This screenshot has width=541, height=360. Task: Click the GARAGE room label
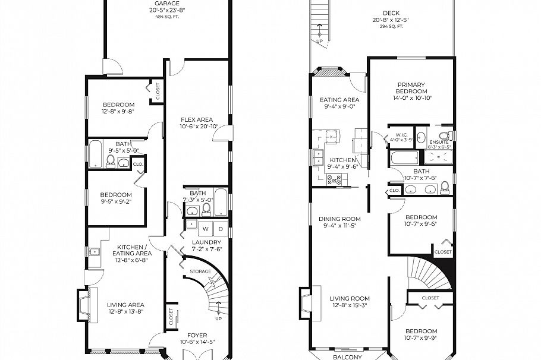pos(167,3)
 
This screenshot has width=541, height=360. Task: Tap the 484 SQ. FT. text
pos(167,17)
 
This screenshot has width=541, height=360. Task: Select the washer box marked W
pos(206,228)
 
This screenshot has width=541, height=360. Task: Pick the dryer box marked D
pos(219,228)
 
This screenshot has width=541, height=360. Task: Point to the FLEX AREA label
pos(196,119)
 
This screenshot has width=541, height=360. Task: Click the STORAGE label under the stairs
pos(200,271)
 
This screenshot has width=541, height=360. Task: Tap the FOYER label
pos(197,335)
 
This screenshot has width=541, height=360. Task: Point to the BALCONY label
pos(347,356)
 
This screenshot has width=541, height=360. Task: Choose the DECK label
pos(391,13)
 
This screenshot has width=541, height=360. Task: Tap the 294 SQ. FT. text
pos(391,27)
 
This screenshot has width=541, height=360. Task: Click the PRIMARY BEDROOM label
pos(411,88)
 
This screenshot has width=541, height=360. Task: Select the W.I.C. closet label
pos(401,135)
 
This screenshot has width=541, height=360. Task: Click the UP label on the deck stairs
pos(320,41)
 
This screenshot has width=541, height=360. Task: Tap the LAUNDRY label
pos(206,242)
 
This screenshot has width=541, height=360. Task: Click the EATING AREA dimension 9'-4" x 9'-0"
pos(339,107)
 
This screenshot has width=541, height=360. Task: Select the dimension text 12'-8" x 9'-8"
pos(118,112)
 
